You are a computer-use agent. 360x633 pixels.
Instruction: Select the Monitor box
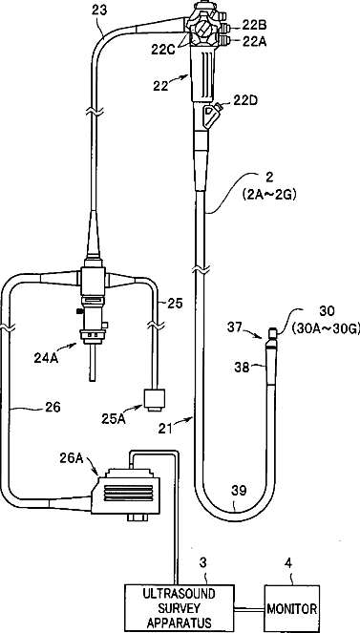pos(292,607)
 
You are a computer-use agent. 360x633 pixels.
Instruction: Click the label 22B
pos(255,27)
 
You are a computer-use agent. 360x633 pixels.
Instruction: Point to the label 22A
pos(255,41)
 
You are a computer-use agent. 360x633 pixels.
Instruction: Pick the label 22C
pos(164,51)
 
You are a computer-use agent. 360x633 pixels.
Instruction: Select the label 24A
pos(46,357)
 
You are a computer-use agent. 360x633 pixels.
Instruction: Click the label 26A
pos(73,457)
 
